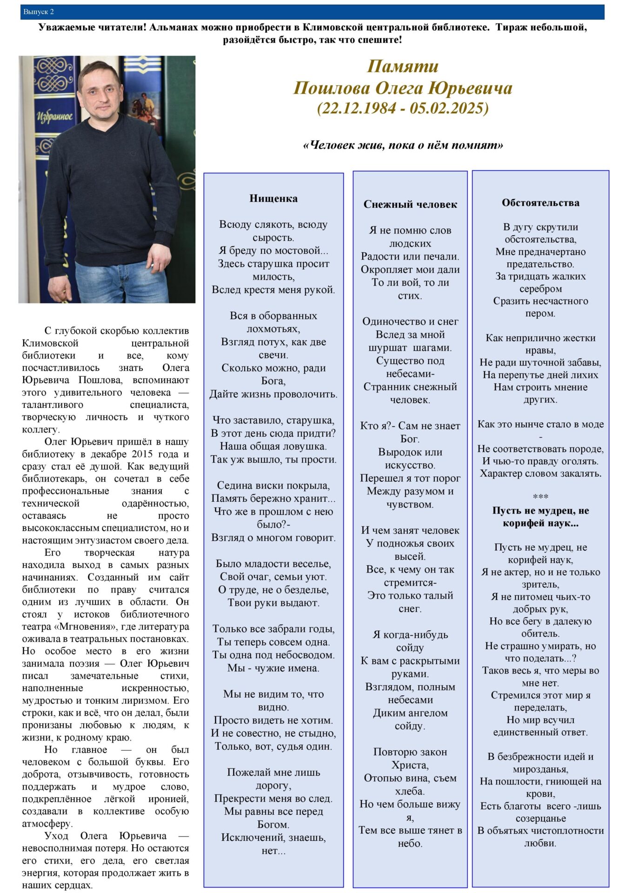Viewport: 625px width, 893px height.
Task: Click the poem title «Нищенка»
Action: pos(273,199)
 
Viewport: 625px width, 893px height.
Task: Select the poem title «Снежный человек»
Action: pos(410,204)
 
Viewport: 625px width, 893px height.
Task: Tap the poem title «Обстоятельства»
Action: pos(540,203)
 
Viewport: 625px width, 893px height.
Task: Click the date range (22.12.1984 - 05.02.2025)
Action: pos(403,108)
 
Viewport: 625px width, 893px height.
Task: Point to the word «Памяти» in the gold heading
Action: pos(403,66)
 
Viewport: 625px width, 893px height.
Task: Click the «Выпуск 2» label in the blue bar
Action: pos(39,12)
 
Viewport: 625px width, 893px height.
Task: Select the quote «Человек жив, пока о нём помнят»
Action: pos(403,145)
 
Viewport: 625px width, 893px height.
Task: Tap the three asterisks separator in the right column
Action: pos(540,497)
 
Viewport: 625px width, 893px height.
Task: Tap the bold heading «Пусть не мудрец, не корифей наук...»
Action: pos(540,517)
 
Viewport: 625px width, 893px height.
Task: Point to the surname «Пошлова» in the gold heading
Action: pos(332,87)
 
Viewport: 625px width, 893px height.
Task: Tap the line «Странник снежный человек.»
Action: pos(410,393)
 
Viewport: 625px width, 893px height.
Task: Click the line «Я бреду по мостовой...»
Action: pos(273,251)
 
